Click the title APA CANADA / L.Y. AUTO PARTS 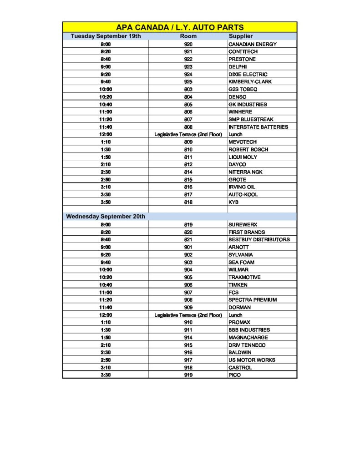coord(180,27)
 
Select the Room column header coord(188,36)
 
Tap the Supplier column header coord(241,36)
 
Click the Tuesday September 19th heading coord(106,36)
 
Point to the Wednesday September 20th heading coord(106,217)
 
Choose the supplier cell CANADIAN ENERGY coord(252,44)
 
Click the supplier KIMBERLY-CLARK coord(250,82)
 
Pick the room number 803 coord(188,89)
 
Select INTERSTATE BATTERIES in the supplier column coord(258,127)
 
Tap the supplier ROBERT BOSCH coord(248,149)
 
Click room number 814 coord(188,172)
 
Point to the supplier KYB coord(233,202)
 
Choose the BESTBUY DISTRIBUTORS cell coord(259,239)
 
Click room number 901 coord(188,247)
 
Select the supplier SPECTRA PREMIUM coord(252,300)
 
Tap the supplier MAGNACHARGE coord(248,337)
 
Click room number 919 coord(188,375)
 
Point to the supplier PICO coord(234,375)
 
